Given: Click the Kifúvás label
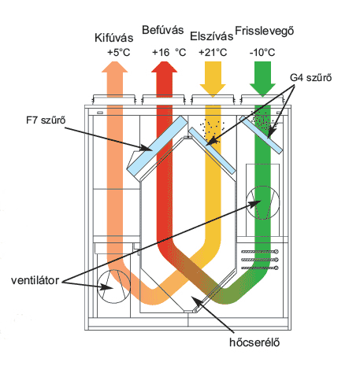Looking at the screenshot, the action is coord(114,38).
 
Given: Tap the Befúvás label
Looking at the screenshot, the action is coord(163,30).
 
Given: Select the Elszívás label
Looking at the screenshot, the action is coord(212,36).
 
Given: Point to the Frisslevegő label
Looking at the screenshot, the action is coord(265,31).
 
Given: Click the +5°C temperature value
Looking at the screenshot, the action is coord(119,53).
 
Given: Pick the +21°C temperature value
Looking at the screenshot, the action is coord(213,53).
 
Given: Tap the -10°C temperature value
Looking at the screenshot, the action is coord(262,53).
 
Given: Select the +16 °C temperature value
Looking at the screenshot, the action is coord(169,53).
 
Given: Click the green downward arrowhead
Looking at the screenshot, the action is coord(262,90).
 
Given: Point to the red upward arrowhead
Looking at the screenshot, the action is coord(165,67).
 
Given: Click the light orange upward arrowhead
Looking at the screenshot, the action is coord(115,67).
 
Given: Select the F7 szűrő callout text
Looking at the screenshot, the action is coord(46,120).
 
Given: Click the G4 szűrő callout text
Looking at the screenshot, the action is coord(311,78).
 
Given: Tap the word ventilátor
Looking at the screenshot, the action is coord(35,280).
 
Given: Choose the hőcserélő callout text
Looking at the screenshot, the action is coord(254,342).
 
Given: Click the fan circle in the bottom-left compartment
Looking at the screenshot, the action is coord(113,270).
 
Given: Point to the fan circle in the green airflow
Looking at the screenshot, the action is coord(263,186).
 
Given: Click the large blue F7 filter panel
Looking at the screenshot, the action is coord(158,146).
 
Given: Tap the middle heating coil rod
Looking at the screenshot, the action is coord(260,260).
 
